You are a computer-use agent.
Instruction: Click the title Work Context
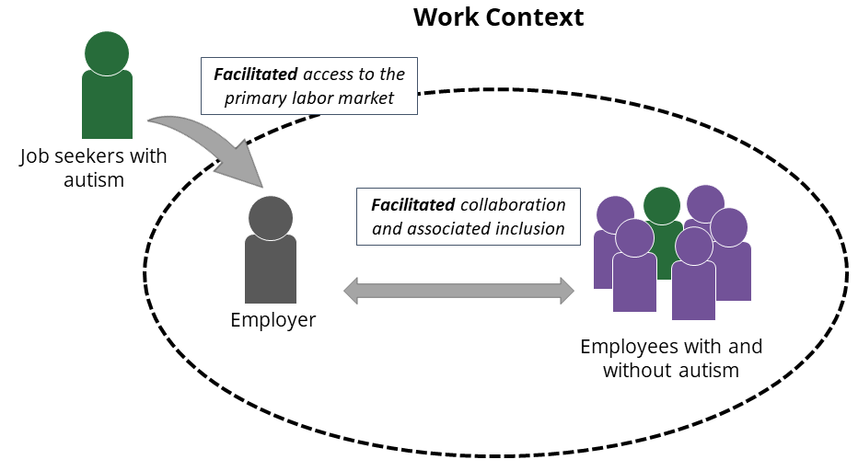click(498, 17)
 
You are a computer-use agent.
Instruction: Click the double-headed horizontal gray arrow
click(458, 291)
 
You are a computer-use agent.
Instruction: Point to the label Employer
click(272, 320)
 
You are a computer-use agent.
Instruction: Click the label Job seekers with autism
click(93, 167)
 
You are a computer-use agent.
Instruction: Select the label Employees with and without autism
click(671, 359)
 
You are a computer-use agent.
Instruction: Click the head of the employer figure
click(271, 217)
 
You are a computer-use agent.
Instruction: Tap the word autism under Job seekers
click(93, 179)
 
